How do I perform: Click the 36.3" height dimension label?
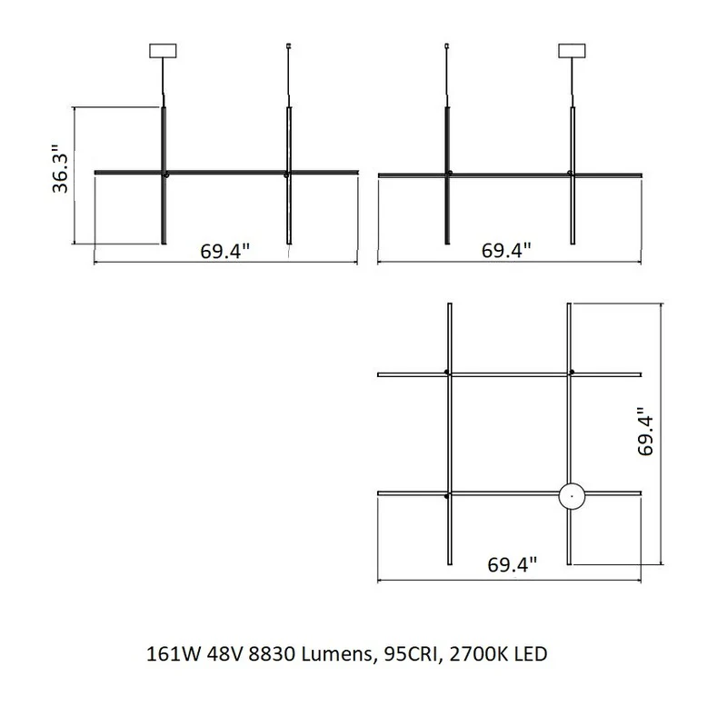(61, 168)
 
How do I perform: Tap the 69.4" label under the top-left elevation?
(225, 252)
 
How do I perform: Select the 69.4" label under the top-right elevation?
(506, 251)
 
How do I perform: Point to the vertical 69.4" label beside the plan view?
(646, 432)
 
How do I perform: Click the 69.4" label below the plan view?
(513, 564)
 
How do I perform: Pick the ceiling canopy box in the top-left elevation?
(163, 51)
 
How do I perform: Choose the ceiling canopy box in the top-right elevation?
(573, 51)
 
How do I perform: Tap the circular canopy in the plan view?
(572, 495)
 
